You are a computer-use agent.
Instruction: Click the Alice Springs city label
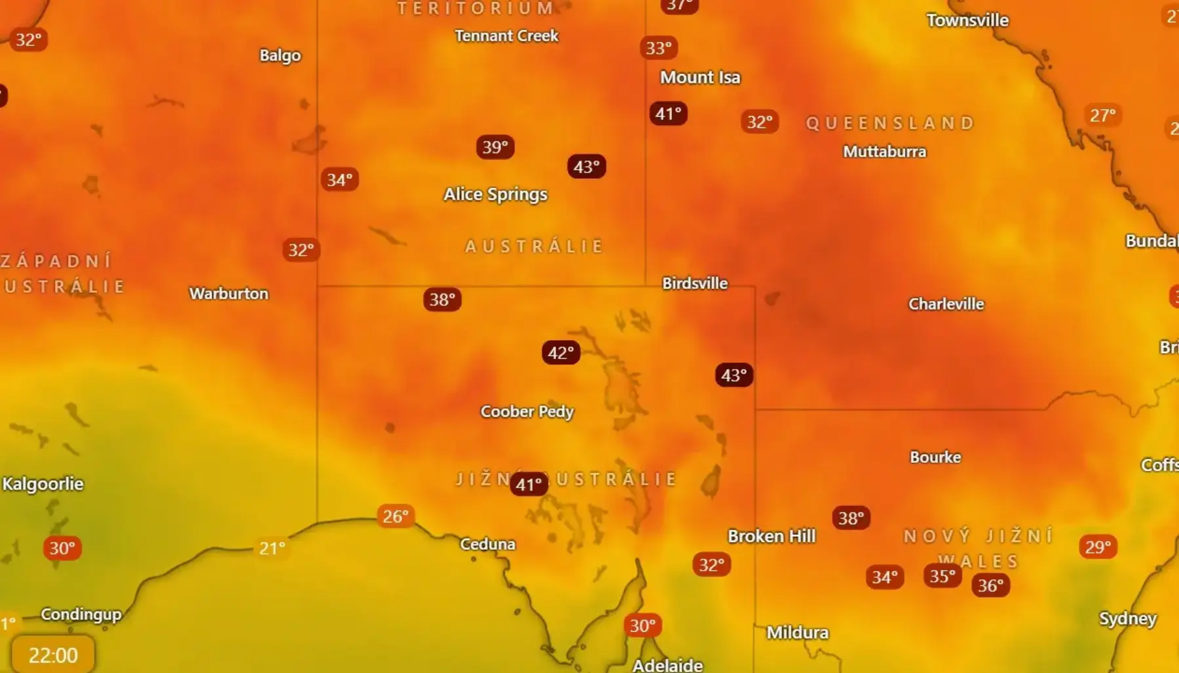pyautogui.click(x=495, y=194)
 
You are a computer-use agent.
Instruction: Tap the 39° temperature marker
pyautogui.click(x=495, y=147)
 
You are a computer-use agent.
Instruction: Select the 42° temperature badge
pyautogui.click(x=561, y=353)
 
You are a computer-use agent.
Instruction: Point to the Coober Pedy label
pyautogui.click(x=527, y=412)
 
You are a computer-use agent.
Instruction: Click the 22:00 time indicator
pyautogui.click(x=53, y=655)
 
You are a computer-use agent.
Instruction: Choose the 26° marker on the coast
pyautogui.click(x=396, y=516)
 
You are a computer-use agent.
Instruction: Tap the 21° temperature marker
pyautogui.click(x=272, y=548)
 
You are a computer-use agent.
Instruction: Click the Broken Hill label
pyautogui.click(x=772, y=536)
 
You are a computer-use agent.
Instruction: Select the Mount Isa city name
pyautogui.click(x=700, y=77)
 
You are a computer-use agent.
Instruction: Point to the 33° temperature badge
pyautogui.click(x=658, y=48)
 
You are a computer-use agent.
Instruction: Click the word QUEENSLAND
pyautogui.click(x=890, y=123)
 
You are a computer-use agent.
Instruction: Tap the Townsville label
pyautogui.click(x=967, y=20)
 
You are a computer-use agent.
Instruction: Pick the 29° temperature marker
pyautogui.click(x=1098, y=547)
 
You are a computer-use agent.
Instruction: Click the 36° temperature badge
pyautogui.click(x=990, y=585)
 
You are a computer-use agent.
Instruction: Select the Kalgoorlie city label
pyautogui.click(x=43, y=484)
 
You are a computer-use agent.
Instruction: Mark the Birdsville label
pyautogui.click(x=694, y=283)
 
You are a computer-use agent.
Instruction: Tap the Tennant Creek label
pyautogui.click(x=506, y=36)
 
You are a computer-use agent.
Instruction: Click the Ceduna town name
pyautogui.click(x=487, y=544)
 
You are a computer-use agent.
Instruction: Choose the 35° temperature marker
pyautogui.click(x=943, y=576)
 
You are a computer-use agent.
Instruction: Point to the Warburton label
pyautogui.click(x=229, y=294)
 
